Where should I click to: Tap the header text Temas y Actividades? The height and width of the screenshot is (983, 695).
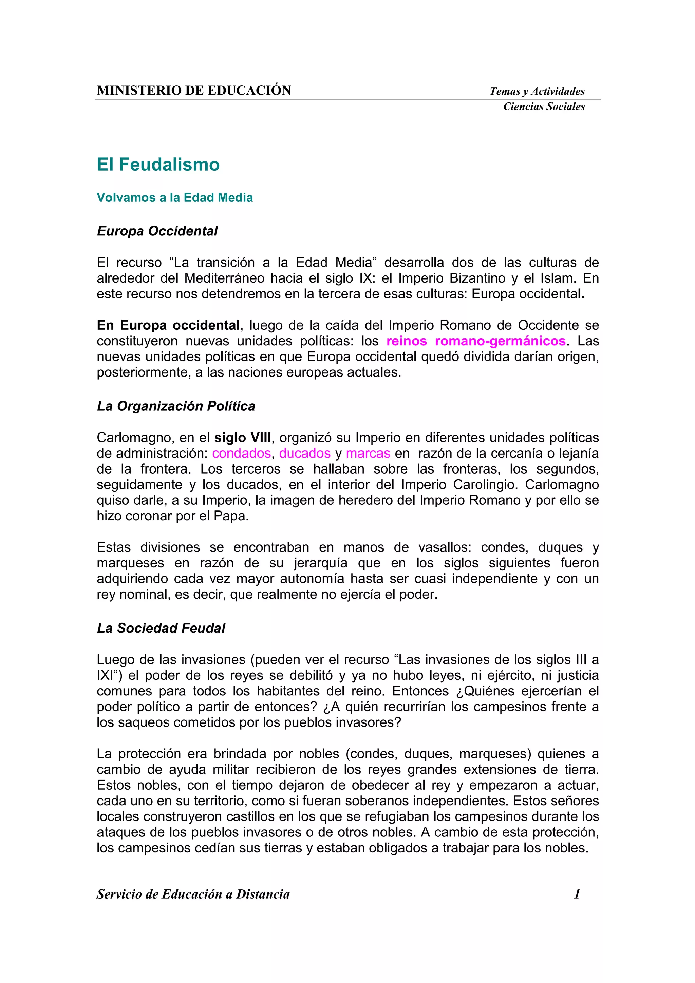click(537, 91)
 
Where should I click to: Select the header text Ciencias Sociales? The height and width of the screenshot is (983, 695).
click(544, 107)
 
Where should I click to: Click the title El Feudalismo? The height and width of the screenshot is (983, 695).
click(158, 165)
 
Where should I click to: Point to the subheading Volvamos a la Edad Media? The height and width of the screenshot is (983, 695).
click(175, 197)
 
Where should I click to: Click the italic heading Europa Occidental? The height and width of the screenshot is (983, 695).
click(157, 231)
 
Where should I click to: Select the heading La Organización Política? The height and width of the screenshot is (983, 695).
click(176, 406)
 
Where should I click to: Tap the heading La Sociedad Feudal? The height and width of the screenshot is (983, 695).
click(161, 628)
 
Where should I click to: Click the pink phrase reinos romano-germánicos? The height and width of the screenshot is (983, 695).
click(476, 341)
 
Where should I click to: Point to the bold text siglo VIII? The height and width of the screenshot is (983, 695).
click(242, 438)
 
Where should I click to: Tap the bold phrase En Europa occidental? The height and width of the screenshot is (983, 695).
click(168, 325)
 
